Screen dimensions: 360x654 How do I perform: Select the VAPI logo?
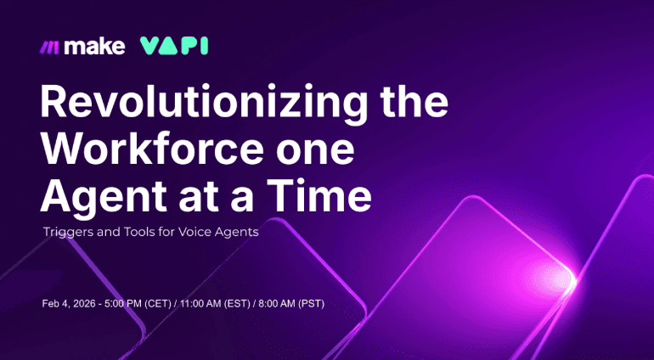pos(174,46)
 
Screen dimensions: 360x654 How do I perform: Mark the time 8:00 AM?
pos(286,303)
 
